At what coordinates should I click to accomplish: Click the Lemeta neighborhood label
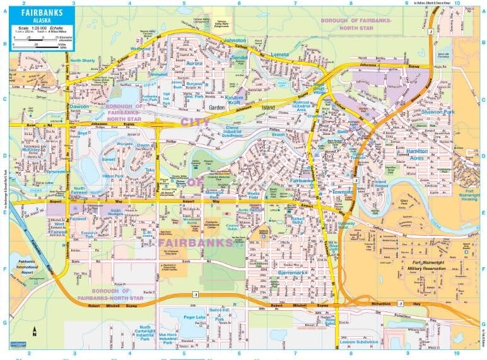279,55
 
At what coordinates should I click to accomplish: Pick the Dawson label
79,107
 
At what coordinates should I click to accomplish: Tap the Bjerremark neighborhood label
291,272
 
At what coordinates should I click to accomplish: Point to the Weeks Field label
253,195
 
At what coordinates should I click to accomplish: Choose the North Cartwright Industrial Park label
145,332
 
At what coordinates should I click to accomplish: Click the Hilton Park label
113,176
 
